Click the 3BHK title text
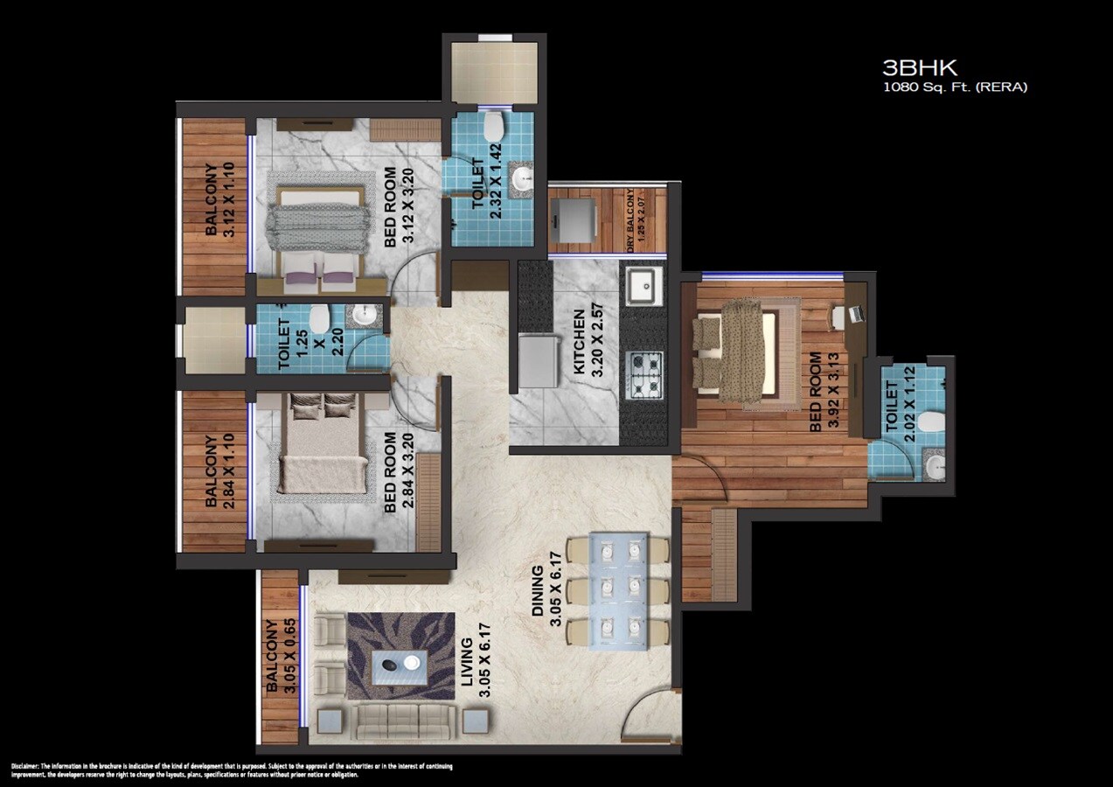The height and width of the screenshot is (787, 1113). [x=921, y=68]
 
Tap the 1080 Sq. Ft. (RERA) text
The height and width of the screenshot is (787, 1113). [x=955, y=87]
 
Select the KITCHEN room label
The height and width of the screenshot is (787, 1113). [x=585, y=342]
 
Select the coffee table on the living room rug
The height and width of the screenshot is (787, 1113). [x=400, y=669]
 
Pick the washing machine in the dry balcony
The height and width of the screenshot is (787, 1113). [x=573, y=219]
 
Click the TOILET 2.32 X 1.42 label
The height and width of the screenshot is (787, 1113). [x=486, y=188]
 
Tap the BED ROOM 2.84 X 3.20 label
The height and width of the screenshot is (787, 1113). [x=399, y=471]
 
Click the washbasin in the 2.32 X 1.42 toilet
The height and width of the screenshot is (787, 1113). [x=523, y=180]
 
